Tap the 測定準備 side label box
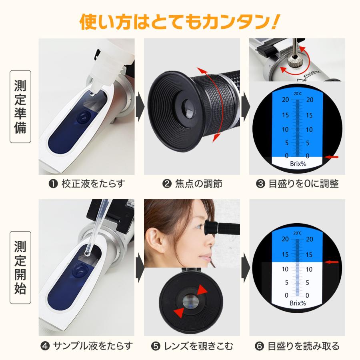[20, 106]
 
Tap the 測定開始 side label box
[20, 267]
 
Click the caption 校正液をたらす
[87, 184]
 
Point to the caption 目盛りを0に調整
[298, 184]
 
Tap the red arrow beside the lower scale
[332, 262]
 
